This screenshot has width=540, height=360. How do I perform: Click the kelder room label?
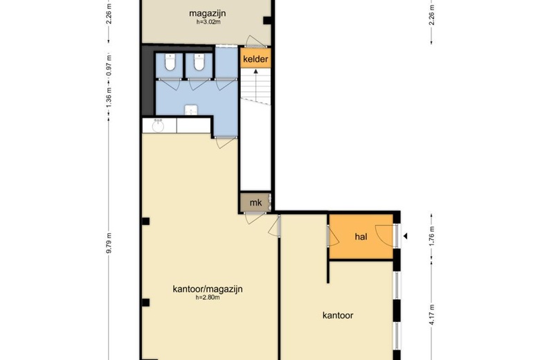[255, 59]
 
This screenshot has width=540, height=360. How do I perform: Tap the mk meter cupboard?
[255, 202]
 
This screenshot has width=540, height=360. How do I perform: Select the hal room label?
[361, 237]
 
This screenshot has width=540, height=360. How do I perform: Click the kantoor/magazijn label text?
[208, 289]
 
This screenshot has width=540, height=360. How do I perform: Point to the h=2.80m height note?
[208, 298]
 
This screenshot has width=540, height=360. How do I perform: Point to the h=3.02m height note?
[208, 22]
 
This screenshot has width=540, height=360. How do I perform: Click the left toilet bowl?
[170, 62]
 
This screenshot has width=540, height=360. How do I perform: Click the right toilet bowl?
[199, 62]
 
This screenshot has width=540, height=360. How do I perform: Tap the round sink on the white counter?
[159, 127]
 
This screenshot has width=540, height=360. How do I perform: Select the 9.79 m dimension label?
[109, 243]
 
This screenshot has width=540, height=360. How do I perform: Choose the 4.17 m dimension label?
[432, 314]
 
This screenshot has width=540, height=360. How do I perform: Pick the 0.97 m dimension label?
[109, 66]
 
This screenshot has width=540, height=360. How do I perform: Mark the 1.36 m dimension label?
[109, 97]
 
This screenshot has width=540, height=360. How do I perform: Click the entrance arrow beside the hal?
[405, 236]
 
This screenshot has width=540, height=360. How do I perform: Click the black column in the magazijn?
[267, 20]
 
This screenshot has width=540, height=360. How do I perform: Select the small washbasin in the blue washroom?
[191, 111]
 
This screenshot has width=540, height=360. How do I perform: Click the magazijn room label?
[207, 13]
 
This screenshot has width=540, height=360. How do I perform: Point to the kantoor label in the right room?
[338, 315]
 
